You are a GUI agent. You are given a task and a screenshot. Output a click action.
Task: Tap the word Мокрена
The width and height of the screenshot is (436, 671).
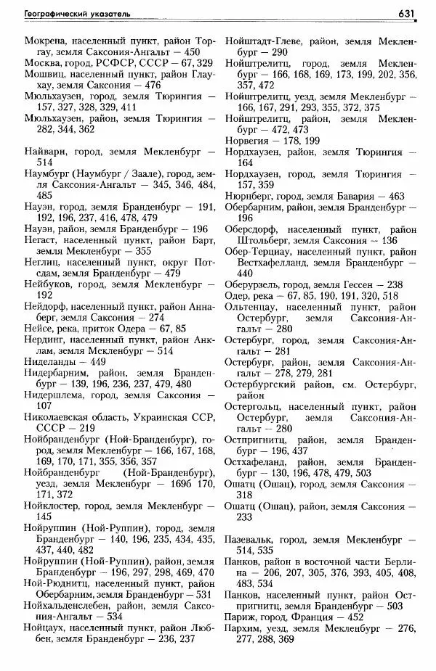[x=45, y=41]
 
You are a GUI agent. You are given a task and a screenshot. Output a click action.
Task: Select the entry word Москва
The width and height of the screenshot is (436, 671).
[x=43, y=63]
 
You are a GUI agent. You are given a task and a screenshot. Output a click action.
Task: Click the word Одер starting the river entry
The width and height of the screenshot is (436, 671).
[x=237, y=296]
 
